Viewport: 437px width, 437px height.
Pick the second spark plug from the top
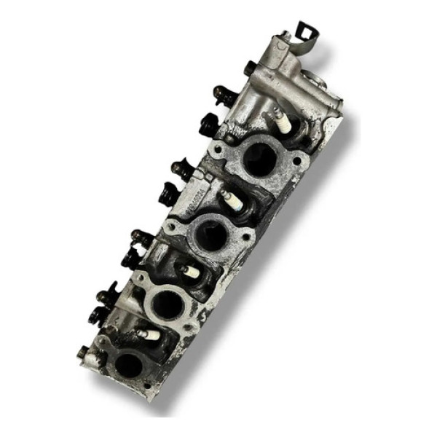pos(231,198)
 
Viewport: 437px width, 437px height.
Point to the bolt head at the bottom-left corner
pos(84,355)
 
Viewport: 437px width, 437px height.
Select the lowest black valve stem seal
pos(98,315)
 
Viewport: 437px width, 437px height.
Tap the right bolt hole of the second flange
pos(246,235)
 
